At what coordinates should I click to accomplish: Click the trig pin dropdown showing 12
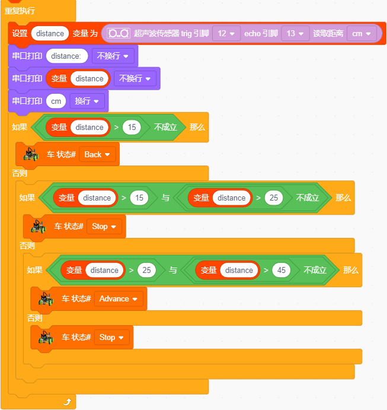click(x=226, y=33)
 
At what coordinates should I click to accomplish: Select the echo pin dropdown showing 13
click(x=295, y=33)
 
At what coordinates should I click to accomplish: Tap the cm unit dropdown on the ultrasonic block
click(x=362, y=33)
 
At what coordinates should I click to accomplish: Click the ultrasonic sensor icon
click(x=119, y=33)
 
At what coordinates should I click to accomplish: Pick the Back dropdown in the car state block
click(x=97, y=154)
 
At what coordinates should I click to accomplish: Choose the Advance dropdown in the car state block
click(x=119, y=298)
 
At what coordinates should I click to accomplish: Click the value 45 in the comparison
click(x=282, y=270)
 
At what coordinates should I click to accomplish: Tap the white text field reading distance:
click(x=67, y=56)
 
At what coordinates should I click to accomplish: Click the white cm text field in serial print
click(x=56, y=101)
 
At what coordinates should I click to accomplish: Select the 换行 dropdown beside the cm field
click(x=87, y=101)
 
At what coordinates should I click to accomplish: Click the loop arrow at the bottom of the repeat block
click(x=68, y=402)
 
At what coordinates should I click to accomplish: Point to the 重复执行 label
click(x=20, y=11)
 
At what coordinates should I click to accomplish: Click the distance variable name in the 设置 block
click(x=50, y=33)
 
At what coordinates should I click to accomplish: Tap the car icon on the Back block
click(x=31, y=154)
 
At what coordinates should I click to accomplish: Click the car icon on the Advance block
click(x=46, y=298)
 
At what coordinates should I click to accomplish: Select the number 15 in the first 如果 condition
click(x=132, y=128)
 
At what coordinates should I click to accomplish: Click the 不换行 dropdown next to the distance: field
click(x=113, y=56)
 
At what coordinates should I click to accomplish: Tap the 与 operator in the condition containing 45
click(x=173, y=270)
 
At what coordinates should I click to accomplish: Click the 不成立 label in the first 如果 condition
click(x=165, y=127)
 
